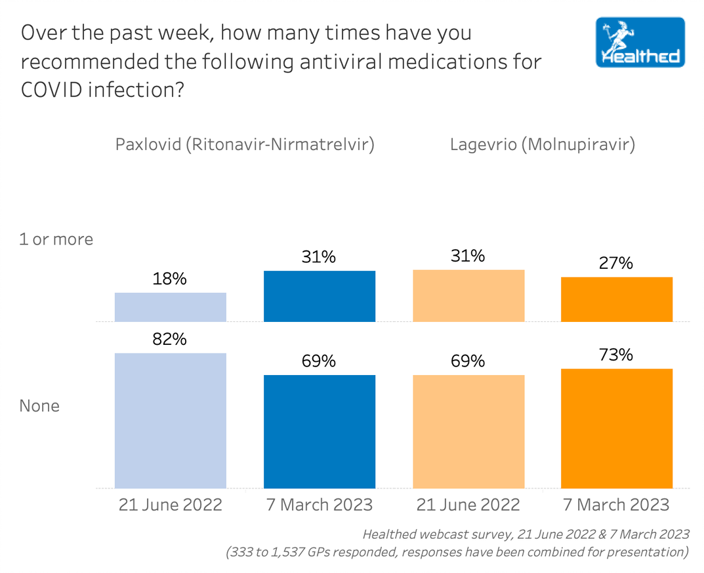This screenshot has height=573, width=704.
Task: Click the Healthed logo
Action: (x=640, y=43)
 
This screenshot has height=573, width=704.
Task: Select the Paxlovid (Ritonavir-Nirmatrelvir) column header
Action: (x=245, y=144)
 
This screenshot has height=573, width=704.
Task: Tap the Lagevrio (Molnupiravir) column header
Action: (x=542, y=144)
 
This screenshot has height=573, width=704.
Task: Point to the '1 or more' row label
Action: (x=56, y=239)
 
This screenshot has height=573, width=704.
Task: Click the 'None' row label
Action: (x=39, y=406)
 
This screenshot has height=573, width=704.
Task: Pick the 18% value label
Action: (x=171, y=279)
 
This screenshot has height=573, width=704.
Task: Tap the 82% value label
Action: (x=171, y=339)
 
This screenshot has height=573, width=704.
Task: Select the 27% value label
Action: (x=617, y=263)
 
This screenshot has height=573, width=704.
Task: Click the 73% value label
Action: (x=617, y=355)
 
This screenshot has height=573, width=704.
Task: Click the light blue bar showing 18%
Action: (x=171, y=307)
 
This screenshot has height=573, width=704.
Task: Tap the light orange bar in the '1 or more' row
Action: (x=468, y=296)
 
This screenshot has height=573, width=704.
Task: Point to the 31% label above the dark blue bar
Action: (x=320, y=257)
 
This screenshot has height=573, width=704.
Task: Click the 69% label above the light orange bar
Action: (x=468, y=361)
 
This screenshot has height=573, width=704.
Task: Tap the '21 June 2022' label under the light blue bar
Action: (x=171, y=504)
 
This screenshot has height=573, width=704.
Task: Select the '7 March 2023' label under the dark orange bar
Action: (x=617, y=504)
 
